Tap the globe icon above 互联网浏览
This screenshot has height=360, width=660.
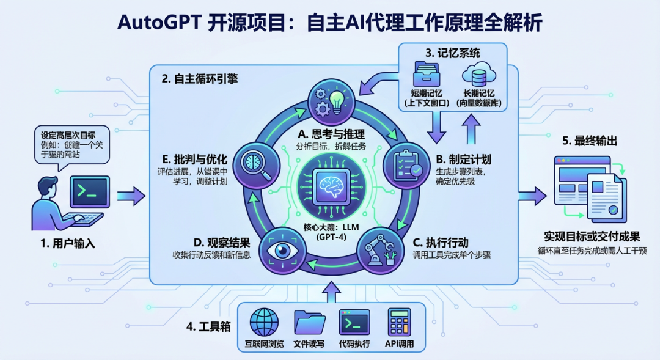pyautogui.click(x=264, y=321)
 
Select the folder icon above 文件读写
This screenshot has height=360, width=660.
pyautogui.click(x=309, y=321)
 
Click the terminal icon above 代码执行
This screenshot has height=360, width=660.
pyautogui.click(x=354, y=321)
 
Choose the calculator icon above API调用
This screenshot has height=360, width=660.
pyautogui.click(x=399, y=321)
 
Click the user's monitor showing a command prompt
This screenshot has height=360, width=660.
pyautogui.click(x=89, y=193)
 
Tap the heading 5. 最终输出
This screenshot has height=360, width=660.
pyautogui.click(x=589, y=141)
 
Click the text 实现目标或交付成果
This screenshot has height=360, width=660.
pyautogui.click(x=592, y=236)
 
